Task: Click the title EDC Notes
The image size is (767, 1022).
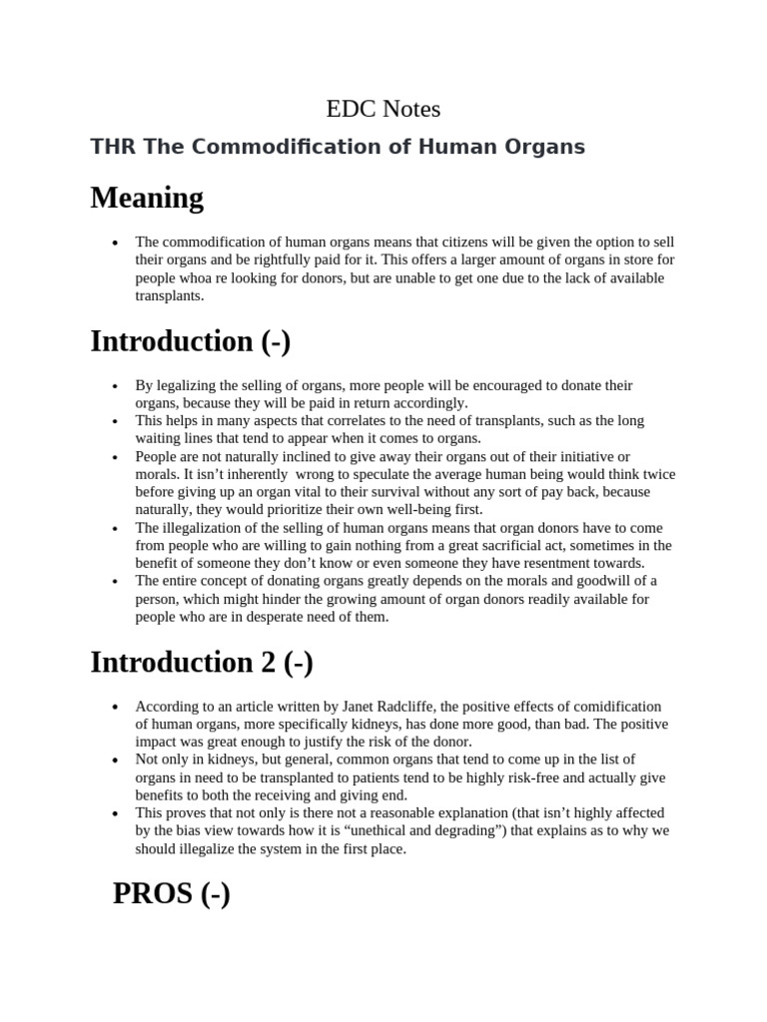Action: pos(383,108)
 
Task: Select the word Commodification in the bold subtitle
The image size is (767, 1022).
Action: pos(263,148)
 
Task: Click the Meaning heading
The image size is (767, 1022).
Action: pos(147,198)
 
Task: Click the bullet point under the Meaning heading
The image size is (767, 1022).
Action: pos(117,243)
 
